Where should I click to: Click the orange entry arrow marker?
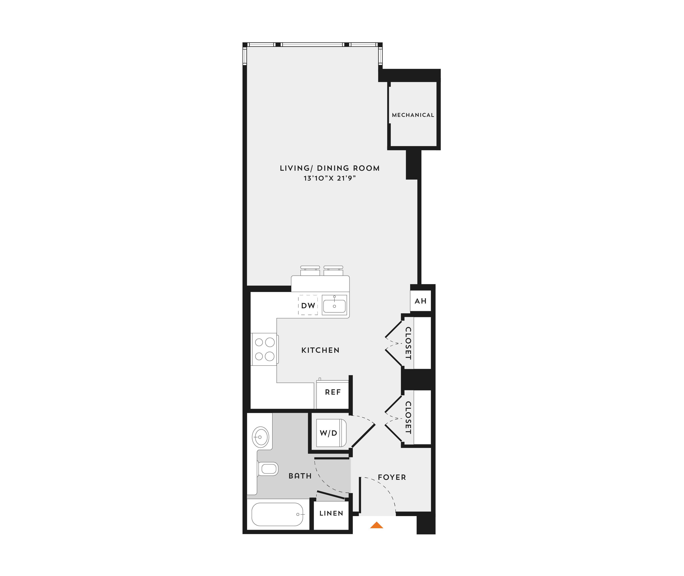[x=377, y=525]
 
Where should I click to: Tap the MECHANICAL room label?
[x=413, y=115]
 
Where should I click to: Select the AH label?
[x=420, y=301]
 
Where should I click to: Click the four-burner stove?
[x=265, y=349]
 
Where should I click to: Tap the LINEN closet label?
[x=331, y=513]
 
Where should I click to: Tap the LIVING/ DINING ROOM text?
[x=330, y=168]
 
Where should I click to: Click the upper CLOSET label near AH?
[x=408, y=343]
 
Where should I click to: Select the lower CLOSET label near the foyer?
[x=408, y=418]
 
